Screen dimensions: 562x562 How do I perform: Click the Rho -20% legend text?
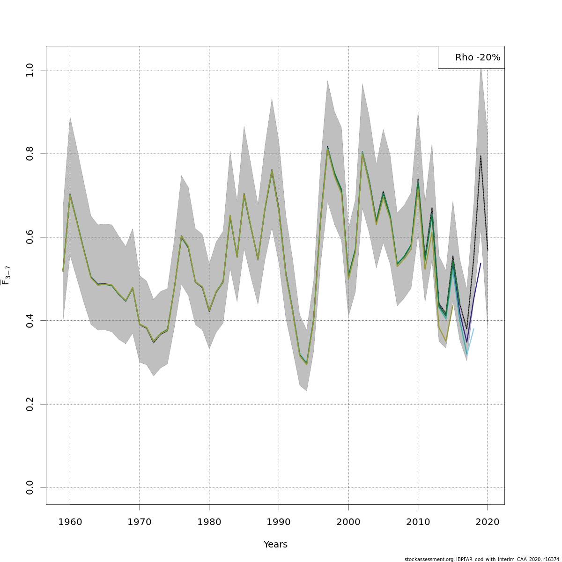(477, 58)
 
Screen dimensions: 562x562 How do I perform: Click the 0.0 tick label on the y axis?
(30, 488)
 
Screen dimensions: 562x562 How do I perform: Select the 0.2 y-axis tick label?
(30, 404)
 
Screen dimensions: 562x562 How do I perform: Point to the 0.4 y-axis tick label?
(30, 321)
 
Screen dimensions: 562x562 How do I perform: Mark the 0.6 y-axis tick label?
(30, 237)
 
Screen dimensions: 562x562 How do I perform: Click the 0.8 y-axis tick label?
(30, 154)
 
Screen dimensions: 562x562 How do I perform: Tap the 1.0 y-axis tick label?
(30, 70)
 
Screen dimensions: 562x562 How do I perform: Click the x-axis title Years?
(275, 544)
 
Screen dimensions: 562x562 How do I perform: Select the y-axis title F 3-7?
(6, 275)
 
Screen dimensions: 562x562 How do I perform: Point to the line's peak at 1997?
(327, 148)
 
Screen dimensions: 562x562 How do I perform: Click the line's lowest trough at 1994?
(307, 363)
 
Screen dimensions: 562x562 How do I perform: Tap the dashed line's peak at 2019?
(481, 156)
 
